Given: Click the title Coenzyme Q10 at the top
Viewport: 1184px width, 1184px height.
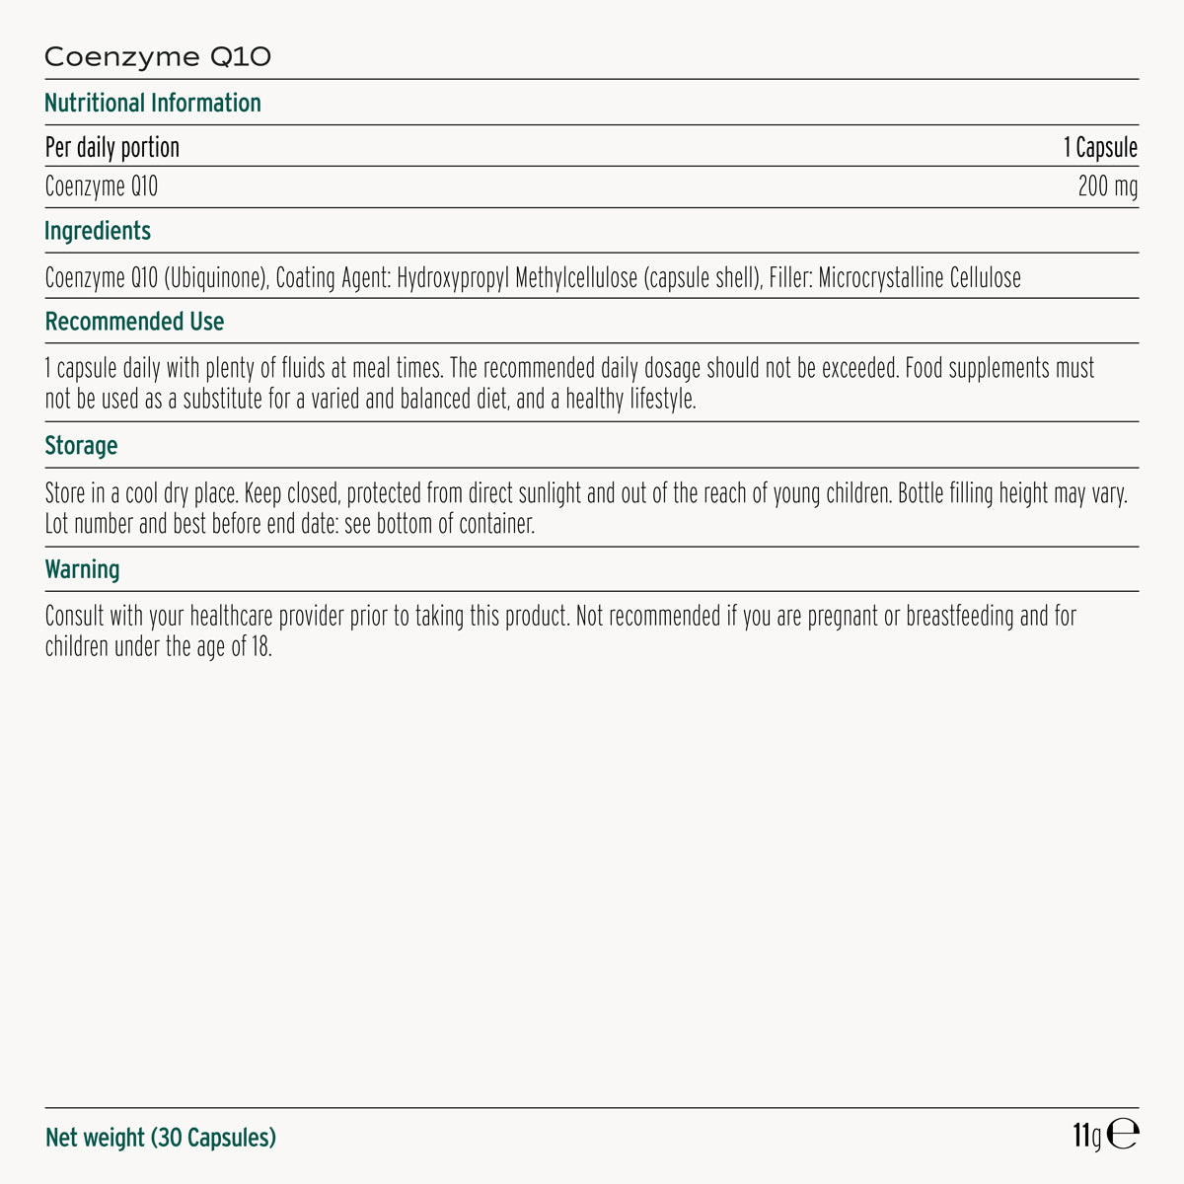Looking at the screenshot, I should coord(158,57).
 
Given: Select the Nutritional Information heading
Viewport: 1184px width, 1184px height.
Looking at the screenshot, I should coord(153,104).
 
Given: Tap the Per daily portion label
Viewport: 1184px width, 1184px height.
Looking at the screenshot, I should coord(112,148).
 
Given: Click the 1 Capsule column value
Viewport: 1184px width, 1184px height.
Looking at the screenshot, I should coord(1100,148).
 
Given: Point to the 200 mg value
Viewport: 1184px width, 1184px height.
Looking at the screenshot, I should coord(1107,186).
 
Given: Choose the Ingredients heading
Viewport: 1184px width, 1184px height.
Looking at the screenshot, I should coord(98,232).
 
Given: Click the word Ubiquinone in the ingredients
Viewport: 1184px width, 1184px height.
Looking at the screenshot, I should coord(216,278).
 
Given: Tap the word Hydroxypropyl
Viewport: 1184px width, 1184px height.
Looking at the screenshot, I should coord(454,278).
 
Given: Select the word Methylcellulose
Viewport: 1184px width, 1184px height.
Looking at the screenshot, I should coord(576,278).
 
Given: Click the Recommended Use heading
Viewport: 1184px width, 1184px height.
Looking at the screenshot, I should coord(134,323).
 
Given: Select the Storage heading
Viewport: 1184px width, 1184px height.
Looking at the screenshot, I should coord(81,446).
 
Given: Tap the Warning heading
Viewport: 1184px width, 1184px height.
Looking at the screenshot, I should coord(82,570).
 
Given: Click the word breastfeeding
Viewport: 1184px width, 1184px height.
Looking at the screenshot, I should coord(961,617).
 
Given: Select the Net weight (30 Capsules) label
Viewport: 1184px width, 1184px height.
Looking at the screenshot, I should coord(161,1138).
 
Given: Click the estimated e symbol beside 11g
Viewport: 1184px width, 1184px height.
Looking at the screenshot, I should coord(1123,1136).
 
